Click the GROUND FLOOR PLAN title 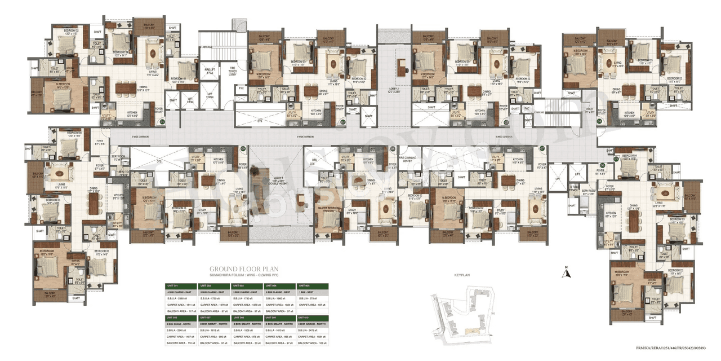pos(236,268)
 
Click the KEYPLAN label pos(462,275)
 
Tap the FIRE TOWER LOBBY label pos(232,71)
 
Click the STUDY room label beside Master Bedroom pos(351,212)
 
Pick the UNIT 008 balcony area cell pos(246,342)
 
